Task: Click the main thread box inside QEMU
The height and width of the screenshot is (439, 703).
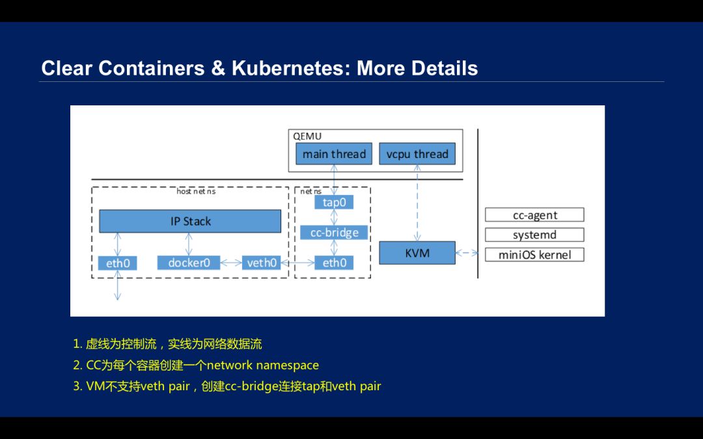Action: click(x=334, y=154)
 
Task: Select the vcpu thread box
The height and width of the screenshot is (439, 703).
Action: click(x=417, y=154)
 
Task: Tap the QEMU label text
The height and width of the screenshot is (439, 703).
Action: click(x=307, y=137)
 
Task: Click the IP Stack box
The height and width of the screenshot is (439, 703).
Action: click(x=190, y=221)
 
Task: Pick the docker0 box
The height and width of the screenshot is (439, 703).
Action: click(x=189, y=263)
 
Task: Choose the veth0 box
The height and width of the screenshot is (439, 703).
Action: click(x=262, y=263)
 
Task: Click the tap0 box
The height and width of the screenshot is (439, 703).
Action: click(x=334, y=202)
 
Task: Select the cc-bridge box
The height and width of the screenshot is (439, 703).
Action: click(x=334, y=232)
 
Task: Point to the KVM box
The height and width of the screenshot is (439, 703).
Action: click(x=417, y=252)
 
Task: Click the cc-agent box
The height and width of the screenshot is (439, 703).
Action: click(x=534, y=215)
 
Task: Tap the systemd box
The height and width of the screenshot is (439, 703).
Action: click(x=534, y=235)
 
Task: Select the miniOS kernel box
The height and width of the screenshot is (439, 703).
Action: click(x=534, y=254)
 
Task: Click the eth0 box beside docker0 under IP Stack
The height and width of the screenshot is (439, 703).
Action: click(x=118, y=263)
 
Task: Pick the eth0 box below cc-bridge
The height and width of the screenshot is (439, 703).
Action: click(x=334, y=263)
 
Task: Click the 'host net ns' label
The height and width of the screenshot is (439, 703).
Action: click(x=196, y=191)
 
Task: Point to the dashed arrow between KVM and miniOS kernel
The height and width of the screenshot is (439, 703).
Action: click(x=467, y=253)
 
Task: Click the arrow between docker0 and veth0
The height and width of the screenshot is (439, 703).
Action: click(x=231, y=263)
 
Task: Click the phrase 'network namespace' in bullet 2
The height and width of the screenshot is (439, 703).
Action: click(x=263, y=365)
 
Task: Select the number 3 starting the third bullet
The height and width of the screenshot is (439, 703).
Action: click(x=77, y=386)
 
